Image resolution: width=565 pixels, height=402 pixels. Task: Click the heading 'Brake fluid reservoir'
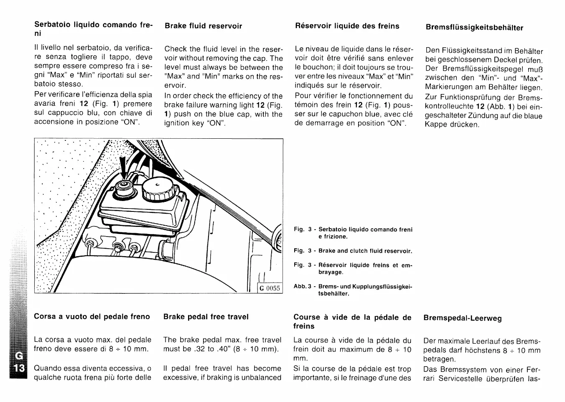click(203, 26)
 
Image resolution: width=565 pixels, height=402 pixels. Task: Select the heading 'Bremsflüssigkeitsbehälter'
click(474, 28)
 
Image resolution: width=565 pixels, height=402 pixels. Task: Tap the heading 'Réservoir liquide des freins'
click(347, 26)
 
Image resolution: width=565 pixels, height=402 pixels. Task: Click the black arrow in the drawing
click(122, 168)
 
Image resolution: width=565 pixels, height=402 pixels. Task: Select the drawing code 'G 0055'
click(270, 288)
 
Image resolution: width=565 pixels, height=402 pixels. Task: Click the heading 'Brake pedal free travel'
click(206, 317)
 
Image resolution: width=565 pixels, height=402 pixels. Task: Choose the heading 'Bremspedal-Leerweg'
click(463, 318)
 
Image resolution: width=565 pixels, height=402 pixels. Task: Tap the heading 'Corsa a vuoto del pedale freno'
click(92, 317)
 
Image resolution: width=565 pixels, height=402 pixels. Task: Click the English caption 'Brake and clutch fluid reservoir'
click(365, 251)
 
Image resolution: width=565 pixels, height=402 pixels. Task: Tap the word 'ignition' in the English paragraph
click(177, 124)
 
